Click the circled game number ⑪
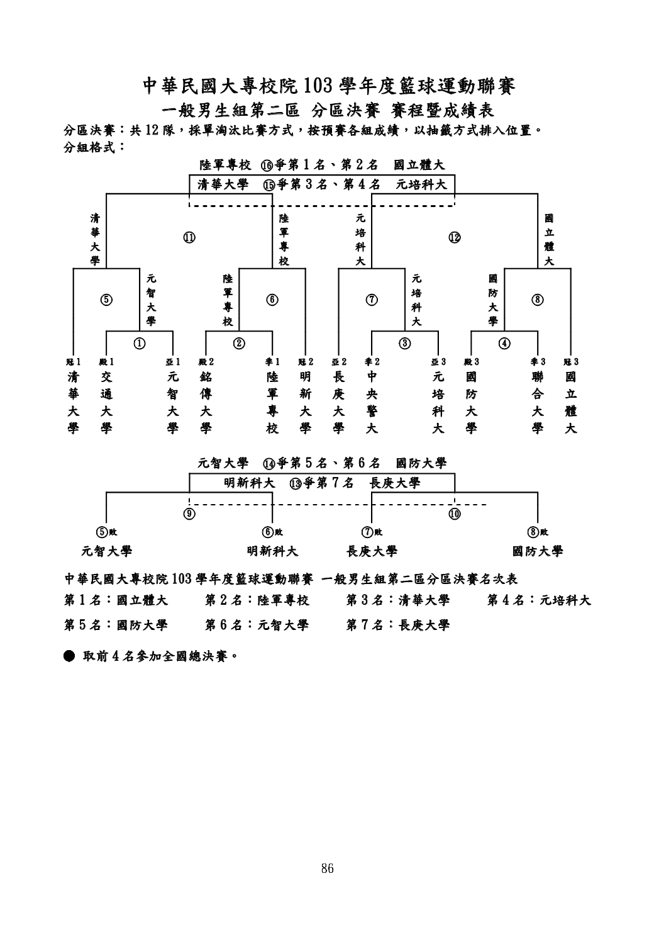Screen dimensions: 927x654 coord(189,237)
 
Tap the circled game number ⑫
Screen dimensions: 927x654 coord(454,237)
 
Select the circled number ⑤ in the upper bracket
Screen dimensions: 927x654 coord(107,300)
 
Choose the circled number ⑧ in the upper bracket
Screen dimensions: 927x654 coord(538,300)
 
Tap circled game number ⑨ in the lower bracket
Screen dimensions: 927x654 coord(189,514)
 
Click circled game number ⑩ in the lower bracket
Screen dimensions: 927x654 coord(455,514)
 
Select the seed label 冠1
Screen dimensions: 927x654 coord(74,362)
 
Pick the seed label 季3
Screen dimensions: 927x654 coord(538,362)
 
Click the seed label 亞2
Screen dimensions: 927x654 coord(339,362)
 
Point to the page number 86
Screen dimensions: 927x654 coord(326,869)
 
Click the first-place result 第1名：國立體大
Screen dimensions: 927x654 coord(116,600)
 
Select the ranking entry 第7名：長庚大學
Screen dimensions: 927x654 coord(398,625)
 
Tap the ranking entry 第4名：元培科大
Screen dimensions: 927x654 coord(539,600)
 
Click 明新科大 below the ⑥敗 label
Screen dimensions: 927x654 coord(272,551)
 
